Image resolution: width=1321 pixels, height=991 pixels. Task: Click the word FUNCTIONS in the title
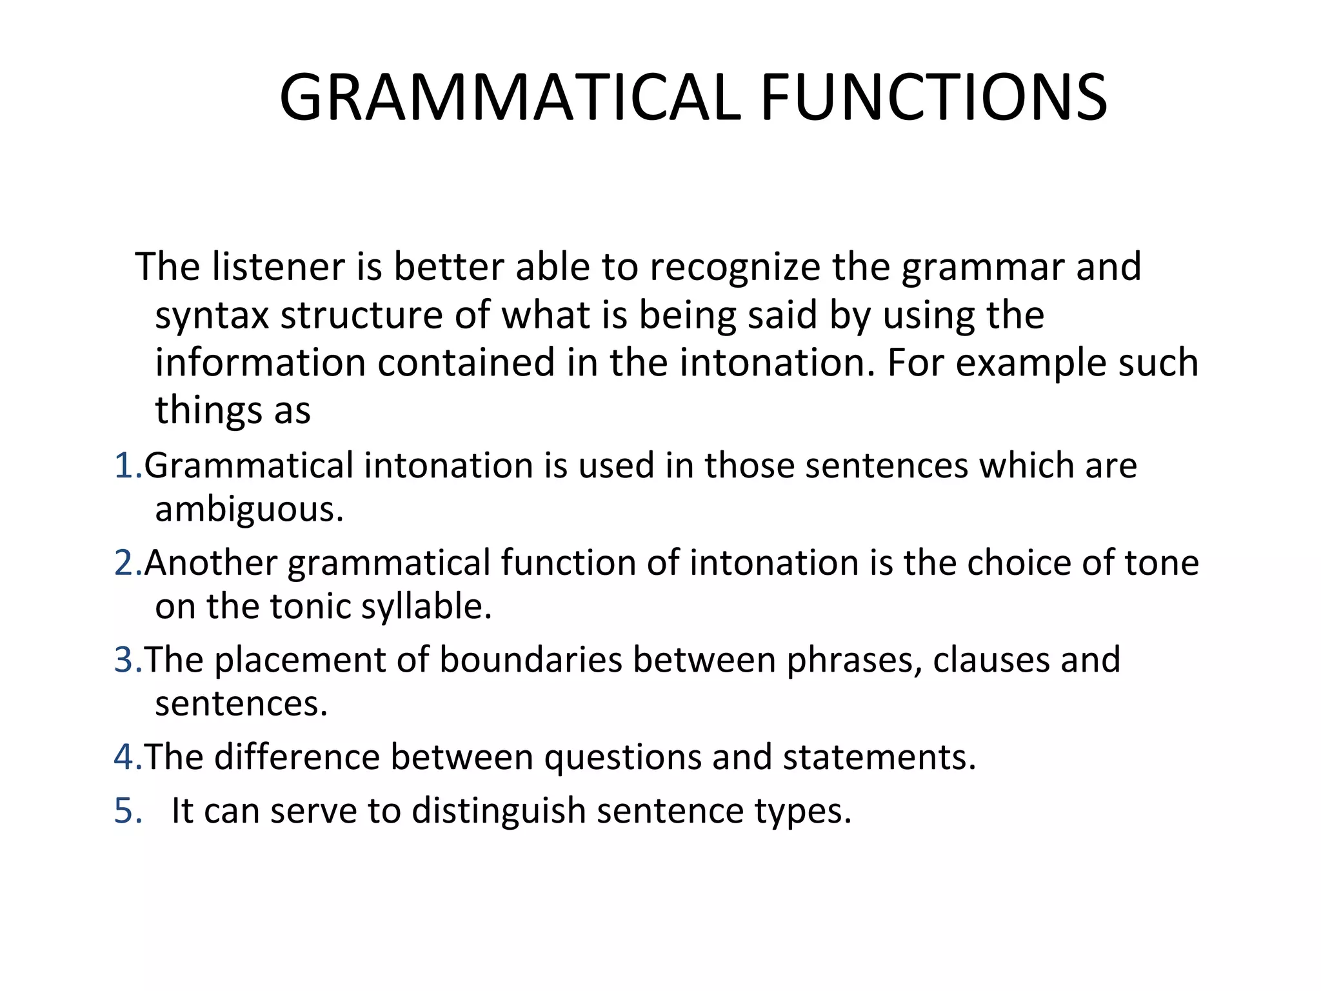[x=934, y=98]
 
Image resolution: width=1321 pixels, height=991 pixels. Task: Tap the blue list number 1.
[x=125, y=466]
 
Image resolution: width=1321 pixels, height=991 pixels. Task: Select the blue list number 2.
[x=126, y=563]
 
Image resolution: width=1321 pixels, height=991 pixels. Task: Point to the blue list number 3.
[x=126, y=660]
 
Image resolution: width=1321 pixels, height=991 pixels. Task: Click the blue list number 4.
[x=126, y=757]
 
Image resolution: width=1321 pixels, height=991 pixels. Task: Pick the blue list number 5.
[x=126, y=811]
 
